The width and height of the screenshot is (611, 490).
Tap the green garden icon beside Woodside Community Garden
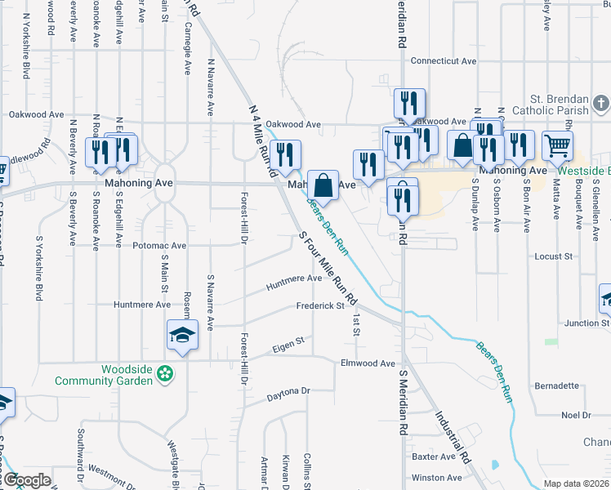[166, 375]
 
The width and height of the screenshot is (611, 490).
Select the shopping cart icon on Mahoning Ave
[557, 146]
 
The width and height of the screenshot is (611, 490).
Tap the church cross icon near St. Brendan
[600, 104]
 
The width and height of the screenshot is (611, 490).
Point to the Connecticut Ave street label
[443, 60]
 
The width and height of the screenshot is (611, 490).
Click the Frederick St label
[320, 306]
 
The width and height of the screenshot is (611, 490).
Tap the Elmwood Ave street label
[368, 363]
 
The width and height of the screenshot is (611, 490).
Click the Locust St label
[553, 256]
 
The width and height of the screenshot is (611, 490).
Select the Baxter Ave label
[433, 457]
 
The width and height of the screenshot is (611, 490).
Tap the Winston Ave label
[436, 478]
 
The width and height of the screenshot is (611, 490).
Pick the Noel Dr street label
[576, 415]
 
